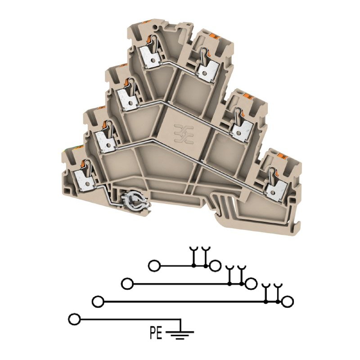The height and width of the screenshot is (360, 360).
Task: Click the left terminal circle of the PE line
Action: pos(74,319)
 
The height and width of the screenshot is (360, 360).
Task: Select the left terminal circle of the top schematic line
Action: pos(154,266)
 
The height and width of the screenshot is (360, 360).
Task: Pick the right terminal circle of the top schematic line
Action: pos(215,266)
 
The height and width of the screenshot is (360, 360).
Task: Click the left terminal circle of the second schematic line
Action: pos(127,284)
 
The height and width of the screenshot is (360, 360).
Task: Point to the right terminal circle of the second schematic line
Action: pos(251,284)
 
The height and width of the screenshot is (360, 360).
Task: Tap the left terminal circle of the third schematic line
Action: pos(98,301)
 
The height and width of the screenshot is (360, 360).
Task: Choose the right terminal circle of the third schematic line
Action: pos(288,301)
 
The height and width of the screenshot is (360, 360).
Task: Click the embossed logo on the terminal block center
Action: pos(184,135)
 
